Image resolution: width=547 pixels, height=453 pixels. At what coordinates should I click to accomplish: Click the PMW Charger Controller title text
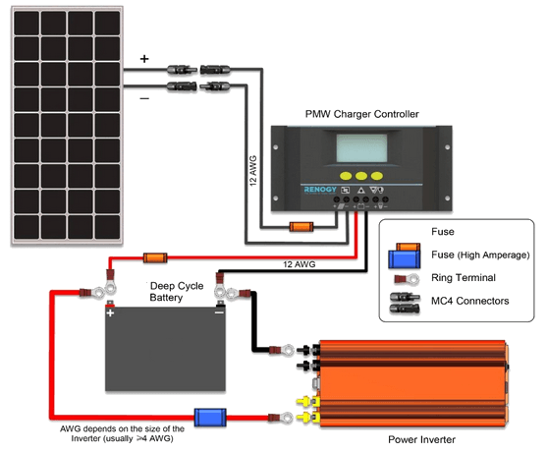pos(361,114)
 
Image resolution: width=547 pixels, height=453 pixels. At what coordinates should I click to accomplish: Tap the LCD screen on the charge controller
pos(361,147)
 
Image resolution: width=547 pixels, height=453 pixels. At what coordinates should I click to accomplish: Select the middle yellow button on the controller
pos(361,176)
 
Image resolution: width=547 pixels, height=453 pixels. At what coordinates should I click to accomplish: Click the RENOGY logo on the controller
pos(320,190)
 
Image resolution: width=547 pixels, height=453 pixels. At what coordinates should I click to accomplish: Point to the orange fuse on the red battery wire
pos(155,258)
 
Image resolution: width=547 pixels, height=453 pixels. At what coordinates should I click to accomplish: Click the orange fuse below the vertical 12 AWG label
pos(301,227)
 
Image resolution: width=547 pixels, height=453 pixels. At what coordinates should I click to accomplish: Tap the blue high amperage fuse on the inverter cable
pos(210,418)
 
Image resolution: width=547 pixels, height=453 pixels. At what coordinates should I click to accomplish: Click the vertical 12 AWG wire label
pos(253,171)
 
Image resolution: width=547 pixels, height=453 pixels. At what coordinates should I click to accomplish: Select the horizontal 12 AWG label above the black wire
pos(299,264)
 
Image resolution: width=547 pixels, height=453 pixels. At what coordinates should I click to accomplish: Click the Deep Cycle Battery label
pos(177,292)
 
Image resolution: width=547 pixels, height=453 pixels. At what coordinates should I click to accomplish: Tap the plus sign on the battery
pos(110,312)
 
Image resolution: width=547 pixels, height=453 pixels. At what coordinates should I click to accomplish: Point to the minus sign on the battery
pos(219,312)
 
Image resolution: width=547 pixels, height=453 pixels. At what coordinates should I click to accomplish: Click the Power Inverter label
pos(421,440)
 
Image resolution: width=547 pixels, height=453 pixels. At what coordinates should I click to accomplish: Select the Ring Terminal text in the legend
pos(464,278)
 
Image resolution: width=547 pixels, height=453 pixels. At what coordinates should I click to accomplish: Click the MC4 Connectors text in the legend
pos(469,301)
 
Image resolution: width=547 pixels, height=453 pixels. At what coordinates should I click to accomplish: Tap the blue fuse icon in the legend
pos(405,259)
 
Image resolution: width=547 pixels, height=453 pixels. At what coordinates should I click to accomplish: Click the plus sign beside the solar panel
pos(144,59)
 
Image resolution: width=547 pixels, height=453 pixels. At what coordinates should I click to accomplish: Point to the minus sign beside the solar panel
pos(144,99)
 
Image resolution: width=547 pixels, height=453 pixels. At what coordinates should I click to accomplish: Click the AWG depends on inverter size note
pos(122,433)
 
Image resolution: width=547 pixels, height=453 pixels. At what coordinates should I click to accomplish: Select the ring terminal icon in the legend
pos(407,279)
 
